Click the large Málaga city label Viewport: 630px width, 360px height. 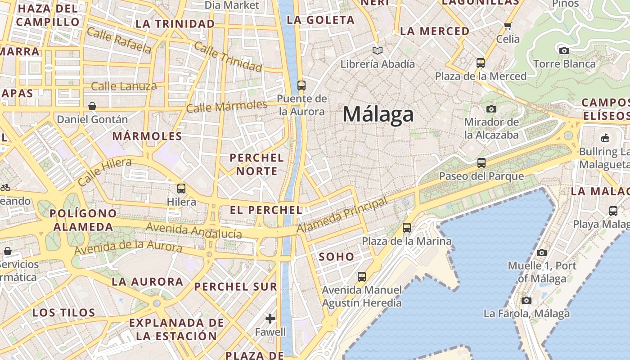coord(378,114)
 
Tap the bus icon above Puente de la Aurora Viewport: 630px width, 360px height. coord(301,85)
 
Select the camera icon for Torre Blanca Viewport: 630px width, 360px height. coord(564,50)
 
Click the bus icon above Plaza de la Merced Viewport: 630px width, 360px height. coord(481,63)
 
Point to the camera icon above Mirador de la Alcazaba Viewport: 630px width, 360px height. coord(491,109)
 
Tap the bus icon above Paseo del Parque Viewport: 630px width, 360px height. coord(481,162)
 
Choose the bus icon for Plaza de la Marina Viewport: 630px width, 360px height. coord(407,228)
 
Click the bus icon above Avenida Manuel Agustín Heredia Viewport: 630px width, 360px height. coord(362,276)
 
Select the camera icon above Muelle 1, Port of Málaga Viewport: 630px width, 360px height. coord(542,252)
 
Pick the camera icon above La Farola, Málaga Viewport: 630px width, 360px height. coord(526,300)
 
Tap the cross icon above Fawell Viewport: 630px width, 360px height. coord(270,319)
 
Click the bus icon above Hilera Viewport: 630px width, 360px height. coord(181,188)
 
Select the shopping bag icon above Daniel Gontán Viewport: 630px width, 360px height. coord(92,106)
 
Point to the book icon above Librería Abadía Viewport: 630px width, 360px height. coord(378,50)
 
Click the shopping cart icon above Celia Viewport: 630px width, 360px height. coord(508,26)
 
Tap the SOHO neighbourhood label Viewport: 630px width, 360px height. coord(337,257)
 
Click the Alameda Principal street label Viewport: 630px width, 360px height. coord(342,215)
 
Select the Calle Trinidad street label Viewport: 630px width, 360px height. coord(228,58)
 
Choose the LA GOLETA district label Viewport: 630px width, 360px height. coord(321,20)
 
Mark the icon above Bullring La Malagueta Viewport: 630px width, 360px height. coord(605,138)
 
